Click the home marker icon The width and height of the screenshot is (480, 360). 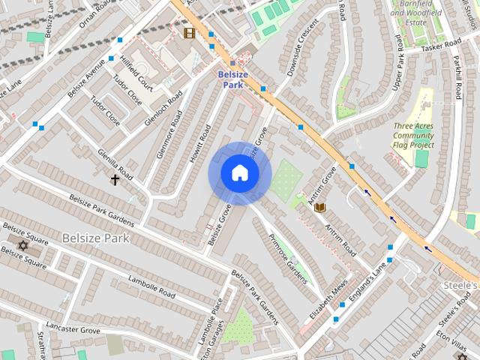[x=239, y=173]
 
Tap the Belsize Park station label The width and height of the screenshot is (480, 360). [x=232, y=79]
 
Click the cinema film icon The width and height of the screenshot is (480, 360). [x=189, y=33]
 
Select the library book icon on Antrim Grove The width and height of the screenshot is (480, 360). [x=319, y=207]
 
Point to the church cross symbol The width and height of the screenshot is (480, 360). [x=115, y=180]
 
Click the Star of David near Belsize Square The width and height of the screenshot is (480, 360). [x=21, y=246]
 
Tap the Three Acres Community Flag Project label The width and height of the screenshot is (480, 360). [x=413, y=135]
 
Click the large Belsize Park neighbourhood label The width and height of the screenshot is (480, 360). [x=96, y=238]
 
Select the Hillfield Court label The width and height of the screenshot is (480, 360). [x=136, y=77]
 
